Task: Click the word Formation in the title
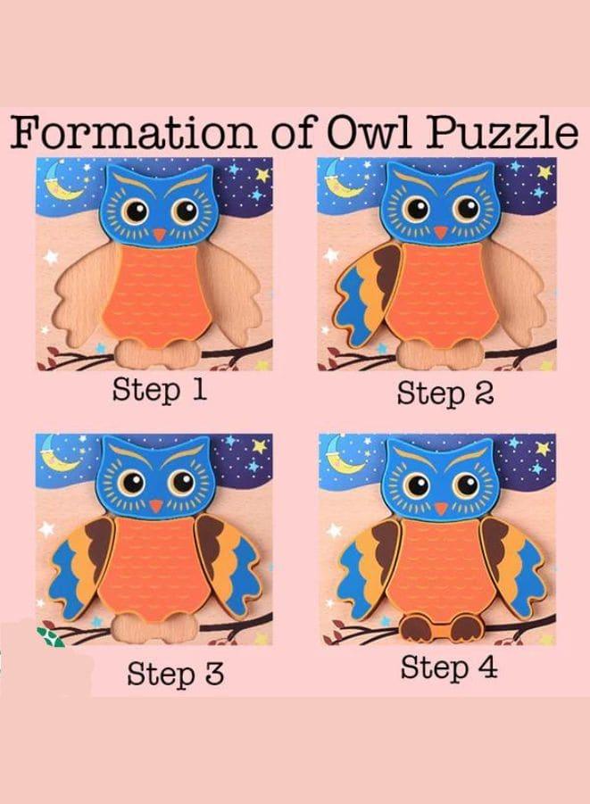[135, 133]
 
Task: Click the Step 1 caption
[159, 391]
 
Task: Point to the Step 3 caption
[175, 674]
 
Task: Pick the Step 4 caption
[447, 667]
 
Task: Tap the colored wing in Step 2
[365, 294]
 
